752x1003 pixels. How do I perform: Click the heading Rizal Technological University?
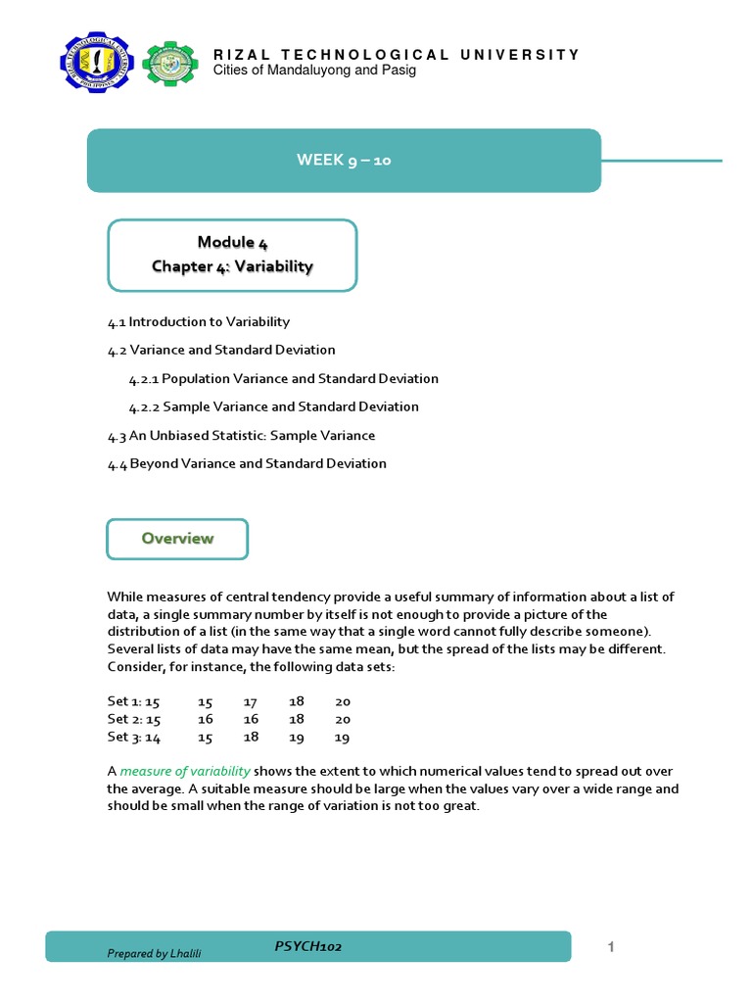click(x=397, y=55)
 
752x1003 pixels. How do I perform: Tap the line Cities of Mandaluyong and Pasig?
click(x=314, y=72)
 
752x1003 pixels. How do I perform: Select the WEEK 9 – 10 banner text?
click(x=344, y=161)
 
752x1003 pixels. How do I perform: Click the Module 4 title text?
click(x=232, y=242)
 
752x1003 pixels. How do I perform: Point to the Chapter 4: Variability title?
click(x=232, y=266)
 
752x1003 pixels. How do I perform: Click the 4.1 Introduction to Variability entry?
click(x=199, y=321)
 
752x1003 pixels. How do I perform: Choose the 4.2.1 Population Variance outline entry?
click(x=283, y=378)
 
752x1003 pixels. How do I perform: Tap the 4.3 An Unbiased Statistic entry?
click(x=241, y=435)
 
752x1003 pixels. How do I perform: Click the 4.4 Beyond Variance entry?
click(x=247, y=463)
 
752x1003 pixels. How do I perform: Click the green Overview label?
click(x=177, y=539)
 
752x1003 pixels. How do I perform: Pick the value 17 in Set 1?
click(x=251, y=701)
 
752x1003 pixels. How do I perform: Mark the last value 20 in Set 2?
click(x=342, y=719)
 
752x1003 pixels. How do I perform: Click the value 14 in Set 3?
click(x=152, y=737)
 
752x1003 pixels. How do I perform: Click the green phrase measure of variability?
click(x=185, y=771)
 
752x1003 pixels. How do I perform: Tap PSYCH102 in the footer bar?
click(x=308, y=946)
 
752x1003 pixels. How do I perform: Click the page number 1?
click(x=610, y=946)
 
